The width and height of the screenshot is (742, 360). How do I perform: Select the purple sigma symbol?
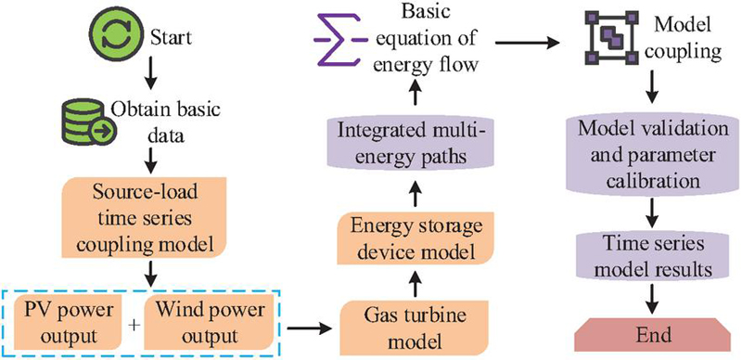(339, 42)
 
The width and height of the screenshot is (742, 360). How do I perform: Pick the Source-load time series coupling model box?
(145, 219)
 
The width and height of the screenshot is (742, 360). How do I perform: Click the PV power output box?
(70, 323)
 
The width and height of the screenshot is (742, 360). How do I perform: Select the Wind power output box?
(209, 323)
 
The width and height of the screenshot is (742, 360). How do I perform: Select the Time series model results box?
(653, 258)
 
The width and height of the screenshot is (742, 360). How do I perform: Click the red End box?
(654, 335)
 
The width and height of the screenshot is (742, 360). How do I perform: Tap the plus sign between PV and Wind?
(134, 326)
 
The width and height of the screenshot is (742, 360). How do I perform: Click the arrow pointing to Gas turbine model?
(310, 328)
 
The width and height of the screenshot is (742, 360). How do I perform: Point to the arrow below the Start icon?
(149, 73)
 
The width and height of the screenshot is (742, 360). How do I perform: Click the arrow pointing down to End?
(654, 301)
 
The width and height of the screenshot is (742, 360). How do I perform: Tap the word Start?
(171, 38)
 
